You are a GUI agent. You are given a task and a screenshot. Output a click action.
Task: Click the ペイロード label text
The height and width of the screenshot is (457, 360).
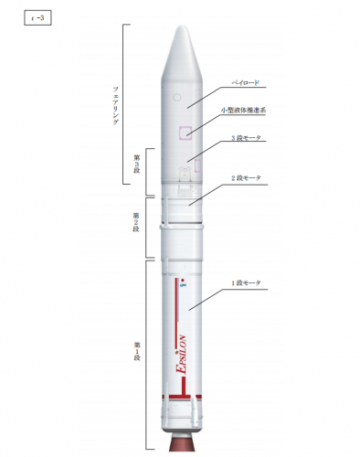[x=245, y=83]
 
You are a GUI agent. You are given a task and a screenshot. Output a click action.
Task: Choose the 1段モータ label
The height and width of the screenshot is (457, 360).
[x=245, y=284]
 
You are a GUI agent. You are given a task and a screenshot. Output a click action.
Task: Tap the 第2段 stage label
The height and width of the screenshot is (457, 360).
[x=136, y=220]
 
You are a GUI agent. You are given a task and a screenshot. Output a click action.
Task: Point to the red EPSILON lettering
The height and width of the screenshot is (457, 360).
[x=182, y=348]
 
